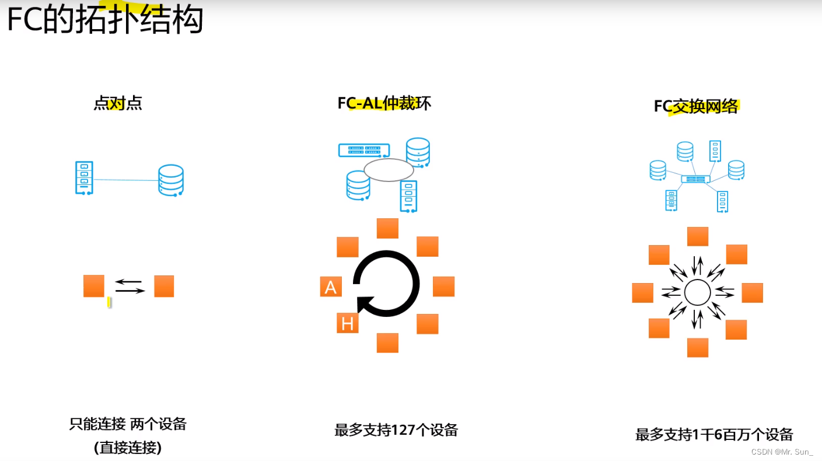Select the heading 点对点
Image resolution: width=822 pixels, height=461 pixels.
tap(118, 103)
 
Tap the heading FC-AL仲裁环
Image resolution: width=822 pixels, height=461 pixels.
tap(384, 103)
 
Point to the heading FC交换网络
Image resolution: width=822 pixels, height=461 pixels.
tap(695, 106)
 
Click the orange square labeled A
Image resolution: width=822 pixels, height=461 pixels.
tap(331, 287)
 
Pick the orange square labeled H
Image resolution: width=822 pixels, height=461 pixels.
tap(348, 323)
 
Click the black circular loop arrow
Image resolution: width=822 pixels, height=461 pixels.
tap(387, 284)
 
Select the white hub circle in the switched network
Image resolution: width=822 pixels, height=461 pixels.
tap(697, 292)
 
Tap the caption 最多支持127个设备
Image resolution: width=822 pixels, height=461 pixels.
tap(396, 430)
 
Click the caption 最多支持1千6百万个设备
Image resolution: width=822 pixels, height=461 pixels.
tap(714, 434)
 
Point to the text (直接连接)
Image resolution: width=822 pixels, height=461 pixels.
tap(128, 448)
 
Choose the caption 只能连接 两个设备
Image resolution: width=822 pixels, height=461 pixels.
tap(128, 424)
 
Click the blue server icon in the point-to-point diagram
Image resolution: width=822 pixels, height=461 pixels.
tap(84, 177)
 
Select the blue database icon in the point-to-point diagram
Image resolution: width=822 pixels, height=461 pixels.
tap(171, 180)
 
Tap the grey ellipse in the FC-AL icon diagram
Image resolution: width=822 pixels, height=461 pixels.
tap(389, 170)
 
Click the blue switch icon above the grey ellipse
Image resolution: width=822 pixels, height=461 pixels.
tap(364, 150)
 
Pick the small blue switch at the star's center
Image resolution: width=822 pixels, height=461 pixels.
tap(696, 179)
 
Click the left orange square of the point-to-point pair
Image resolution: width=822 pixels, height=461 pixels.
tap(94, 286)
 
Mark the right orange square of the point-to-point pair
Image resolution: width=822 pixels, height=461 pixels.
tap(164, 287)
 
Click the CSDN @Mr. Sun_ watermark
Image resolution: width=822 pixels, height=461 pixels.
tap(781, 452)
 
